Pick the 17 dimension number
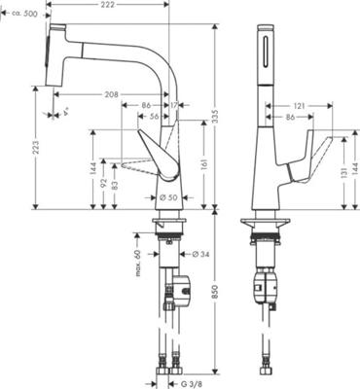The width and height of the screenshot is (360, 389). point(173,104)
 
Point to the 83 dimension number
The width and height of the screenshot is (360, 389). point(116,185)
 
